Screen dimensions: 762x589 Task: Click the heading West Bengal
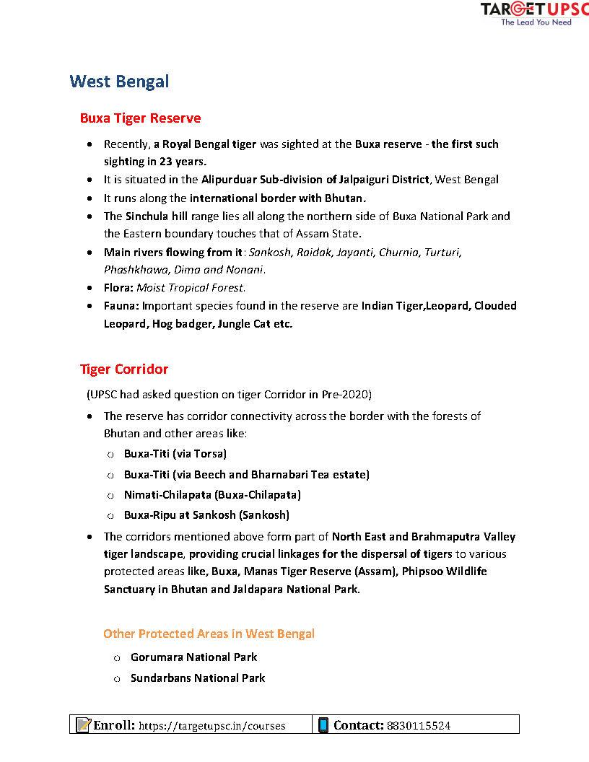click(x=119, y=81)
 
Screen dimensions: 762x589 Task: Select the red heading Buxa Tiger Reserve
click(x=140, y=118)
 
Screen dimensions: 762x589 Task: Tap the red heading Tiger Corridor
click(x=124, y=369)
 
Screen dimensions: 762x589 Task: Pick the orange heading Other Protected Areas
click(x=209, y=634)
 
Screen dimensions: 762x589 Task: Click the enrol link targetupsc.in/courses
click(x=211, y=726)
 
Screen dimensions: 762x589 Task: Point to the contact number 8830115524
click(x=419, y=726)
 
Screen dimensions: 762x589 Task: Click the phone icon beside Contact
click(x=323, y=725)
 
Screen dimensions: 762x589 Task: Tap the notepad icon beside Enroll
click(x=83, y=725)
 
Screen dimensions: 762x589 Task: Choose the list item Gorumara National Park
click(x=193, y=657)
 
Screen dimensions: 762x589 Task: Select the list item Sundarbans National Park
click(x=198, y=678)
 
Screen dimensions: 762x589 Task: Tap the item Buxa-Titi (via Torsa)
click(x=175, y=454)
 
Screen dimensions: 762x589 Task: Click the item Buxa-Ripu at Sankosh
click(x=206, y=514)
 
